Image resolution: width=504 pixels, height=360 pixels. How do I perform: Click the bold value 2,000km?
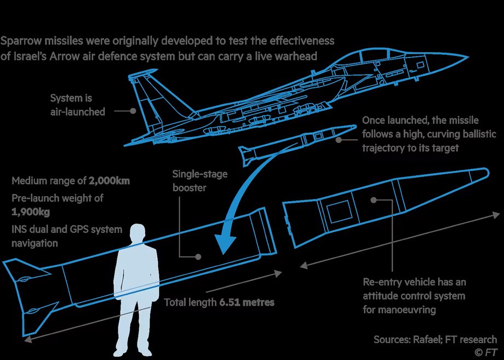[x=108, y=181]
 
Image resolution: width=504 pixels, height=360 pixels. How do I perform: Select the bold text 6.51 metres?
[x=247, y=302]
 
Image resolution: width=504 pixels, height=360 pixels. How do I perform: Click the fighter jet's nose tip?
[x=467, y=57]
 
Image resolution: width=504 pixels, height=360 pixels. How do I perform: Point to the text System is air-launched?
[x=77, y=105]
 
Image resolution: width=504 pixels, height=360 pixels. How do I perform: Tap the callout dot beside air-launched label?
[x=133, y=110]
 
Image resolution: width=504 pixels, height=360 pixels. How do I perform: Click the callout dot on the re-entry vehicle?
[x=373, y=201]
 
